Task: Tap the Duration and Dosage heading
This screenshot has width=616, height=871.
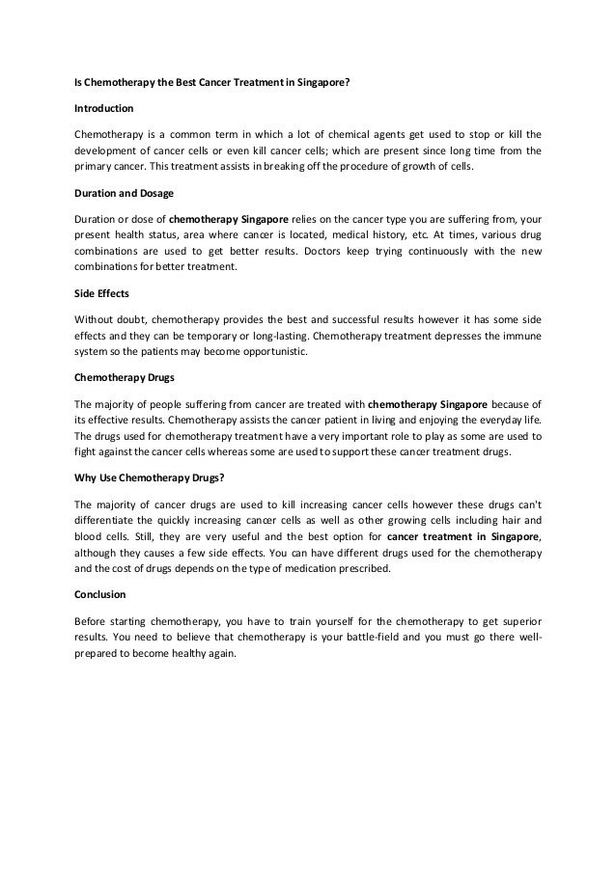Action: pos(124,194)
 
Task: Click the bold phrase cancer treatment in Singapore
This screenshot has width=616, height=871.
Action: pos(462,536)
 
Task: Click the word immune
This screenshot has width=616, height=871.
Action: pos(521,335)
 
